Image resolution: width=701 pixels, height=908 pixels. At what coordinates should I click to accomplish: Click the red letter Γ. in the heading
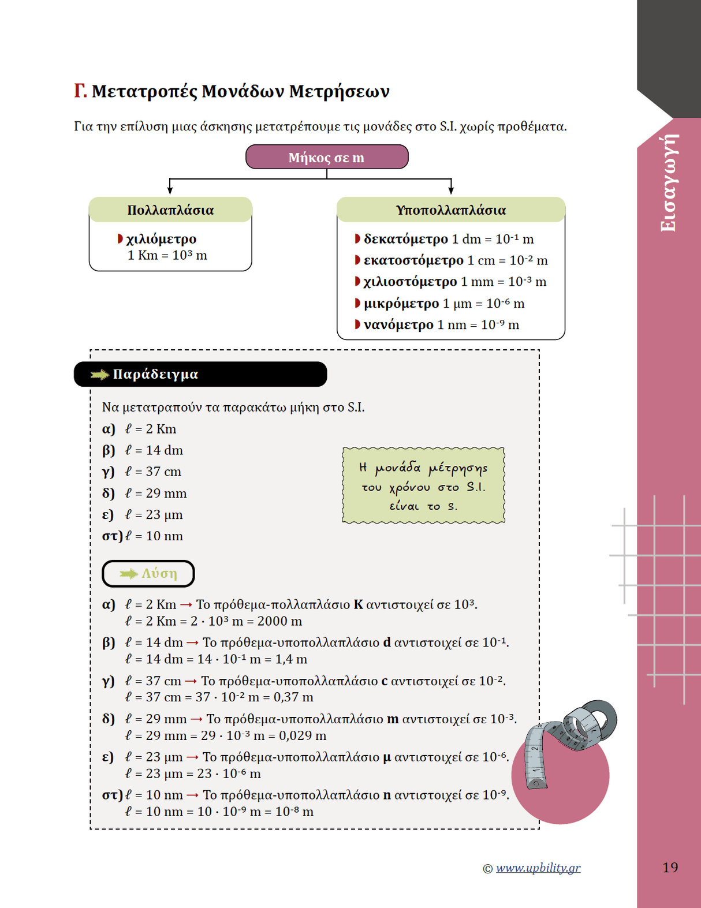pos(80,91)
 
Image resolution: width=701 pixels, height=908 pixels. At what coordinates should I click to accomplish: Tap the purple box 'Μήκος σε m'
pos(327,157)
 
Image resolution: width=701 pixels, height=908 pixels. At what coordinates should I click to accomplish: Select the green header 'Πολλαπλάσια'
pos(170,210)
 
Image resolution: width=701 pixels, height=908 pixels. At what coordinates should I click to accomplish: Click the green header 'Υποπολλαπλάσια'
pos(450,210)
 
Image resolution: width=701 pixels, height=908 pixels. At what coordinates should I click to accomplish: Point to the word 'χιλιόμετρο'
pos(161,239)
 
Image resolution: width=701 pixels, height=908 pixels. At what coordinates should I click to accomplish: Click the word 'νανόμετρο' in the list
pos(398,325)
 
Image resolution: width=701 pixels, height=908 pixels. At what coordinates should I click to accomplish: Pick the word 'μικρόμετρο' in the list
pos(401,304)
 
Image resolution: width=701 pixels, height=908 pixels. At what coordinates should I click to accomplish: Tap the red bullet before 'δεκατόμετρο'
pos(357,238)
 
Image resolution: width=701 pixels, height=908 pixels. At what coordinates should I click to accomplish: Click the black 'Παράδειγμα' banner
pos(200,374)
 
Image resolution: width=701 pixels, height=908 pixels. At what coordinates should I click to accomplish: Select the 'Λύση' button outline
pos(148,573)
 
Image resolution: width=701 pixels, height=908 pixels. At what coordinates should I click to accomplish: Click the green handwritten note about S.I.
pos(423,486)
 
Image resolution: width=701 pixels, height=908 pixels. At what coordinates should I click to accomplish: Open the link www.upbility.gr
pos(538,868)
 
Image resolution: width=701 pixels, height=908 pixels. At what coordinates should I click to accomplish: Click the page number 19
pos(670,867)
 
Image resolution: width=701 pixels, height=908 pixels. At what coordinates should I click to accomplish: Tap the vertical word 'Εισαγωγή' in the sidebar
pos(668,183)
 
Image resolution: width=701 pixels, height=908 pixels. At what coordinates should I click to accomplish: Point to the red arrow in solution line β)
pos(193,642)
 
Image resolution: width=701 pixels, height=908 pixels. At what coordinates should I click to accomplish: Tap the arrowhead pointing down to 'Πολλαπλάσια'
pos(170,190)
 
